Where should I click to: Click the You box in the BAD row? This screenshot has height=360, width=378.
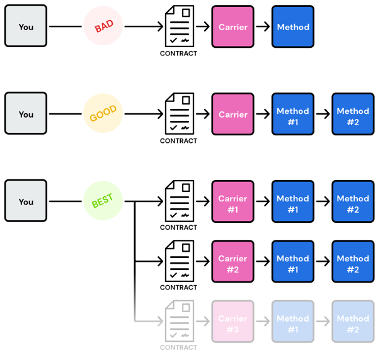click(26, 27)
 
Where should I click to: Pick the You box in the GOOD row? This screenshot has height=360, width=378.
click(26, 114)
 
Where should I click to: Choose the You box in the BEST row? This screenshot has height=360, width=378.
click(26, 201)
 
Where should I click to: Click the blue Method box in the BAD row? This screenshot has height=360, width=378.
click(293, 27)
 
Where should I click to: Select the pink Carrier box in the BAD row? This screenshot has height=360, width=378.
click(232, 27)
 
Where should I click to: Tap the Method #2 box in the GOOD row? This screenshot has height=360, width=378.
click(353, 115)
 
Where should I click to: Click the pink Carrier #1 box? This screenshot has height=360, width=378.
click(232, 202)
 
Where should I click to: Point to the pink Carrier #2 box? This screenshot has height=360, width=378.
click(232, 262)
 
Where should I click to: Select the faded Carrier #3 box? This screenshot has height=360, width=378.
click(232, 322)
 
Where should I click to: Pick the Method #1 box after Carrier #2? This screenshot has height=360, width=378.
click(293, 262)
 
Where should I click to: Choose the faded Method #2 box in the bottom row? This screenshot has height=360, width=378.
click(353, 322)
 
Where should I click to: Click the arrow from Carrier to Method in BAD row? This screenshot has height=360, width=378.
click(263, 27)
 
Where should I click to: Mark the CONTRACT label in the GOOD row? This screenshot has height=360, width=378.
click(179, 141)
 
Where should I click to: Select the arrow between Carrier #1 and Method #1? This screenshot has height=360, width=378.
click(263, 202)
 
